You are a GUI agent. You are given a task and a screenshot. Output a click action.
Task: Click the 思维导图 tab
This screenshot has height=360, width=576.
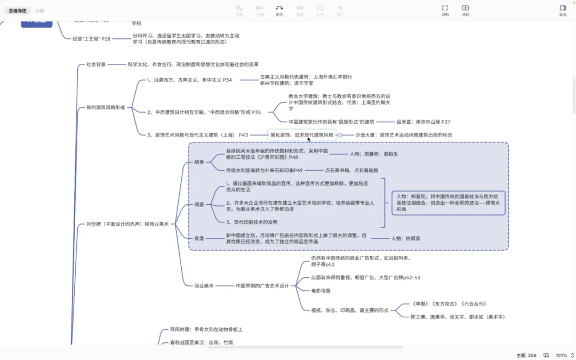(x=18, y=11)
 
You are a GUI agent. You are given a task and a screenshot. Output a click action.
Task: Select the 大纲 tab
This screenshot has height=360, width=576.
(x=39, y=11)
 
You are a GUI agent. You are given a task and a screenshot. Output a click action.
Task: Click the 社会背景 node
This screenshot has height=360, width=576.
(x=97, y=65)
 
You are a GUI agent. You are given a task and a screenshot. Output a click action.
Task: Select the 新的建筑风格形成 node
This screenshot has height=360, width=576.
(x=106, y=107)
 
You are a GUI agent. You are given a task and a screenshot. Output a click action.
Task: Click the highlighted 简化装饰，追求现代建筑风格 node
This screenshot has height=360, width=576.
(x=302, y=135)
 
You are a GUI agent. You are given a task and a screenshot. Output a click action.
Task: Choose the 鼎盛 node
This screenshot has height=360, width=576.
(x=198, y=205)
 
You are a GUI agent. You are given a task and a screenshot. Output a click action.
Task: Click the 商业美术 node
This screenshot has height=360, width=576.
(x=204, y=286)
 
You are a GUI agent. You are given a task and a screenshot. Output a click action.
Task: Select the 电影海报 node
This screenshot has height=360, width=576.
(x=321, y=291)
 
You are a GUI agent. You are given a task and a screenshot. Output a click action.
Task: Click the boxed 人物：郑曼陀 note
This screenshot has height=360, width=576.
(x=448, y=203)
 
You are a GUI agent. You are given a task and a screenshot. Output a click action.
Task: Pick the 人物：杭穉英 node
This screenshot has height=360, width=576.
(x=405, y=238)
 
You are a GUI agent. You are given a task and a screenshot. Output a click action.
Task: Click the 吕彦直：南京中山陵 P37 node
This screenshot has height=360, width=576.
(x=423, y=122)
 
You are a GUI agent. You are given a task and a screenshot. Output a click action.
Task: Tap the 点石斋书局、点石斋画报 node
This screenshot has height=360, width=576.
(x=351, y=170)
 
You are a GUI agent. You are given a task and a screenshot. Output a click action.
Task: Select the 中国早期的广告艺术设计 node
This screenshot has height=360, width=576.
(x=262, y=286)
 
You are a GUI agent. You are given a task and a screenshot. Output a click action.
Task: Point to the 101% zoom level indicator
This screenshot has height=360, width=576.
(x=561, y=355)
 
